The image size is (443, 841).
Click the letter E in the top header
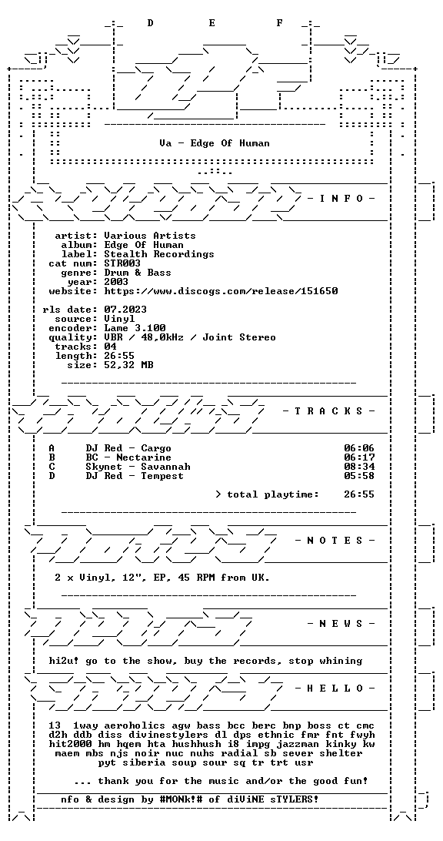pyautogui.click(x=212, y=23)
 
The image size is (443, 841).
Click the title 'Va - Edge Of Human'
pyautogui.click(x=215, y=143)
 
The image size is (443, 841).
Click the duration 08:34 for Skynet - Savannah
pyautogui.click(x=359, y=467)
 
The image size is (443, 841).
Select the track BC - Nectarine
pyautogui.click(x=128, y=457)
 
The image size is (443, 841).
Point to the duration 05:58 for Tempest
pyautogui.click(x=359, y=476)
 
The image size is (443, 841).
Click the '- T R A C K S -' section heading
pyautogui.click(x=328, y=411)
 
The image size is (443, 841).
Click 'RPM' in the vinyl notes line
pyautogui.click(x=199, y=578)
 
